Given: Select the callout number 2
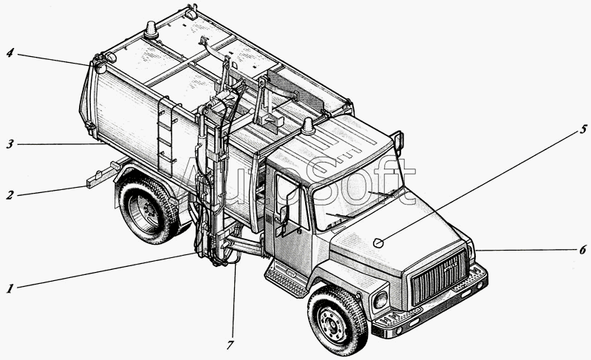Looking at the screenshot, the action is (x=10, y=196).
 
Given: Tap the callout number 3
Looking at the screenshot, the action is (x=10, y=145).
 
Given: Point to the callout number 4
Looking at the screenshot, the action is (x=10, y=52).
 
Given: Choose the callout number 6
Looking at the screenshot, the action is (x=581, y=250).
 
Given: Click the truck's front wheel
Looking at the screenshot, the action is (x=337, y=319).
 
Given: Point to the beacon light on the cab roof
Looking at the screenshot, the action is (x=307, y=128).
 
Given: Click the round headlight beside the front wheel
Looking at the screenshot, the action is (x=380, y=299).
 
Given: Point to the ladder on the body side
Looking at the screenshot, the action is (x=167, y=136).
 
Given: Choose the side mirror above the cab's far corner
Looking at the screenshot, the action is (x=399, y=140).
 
